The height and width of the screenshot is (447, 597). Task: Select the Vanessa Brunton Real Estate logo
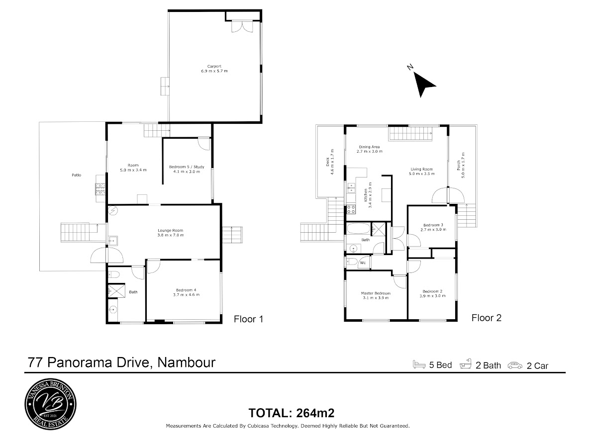(x=51, y=404)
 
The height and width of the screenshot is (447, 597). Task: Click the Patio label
(x=77, y=175)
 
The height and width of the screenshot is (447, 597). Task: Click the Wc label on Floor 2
(x=363, y=263)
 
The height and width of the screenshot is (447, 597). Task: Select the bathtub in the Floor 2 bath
(x=359, y=228)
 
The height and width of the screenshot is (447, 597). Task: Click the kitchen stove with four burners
(x=351, y=209)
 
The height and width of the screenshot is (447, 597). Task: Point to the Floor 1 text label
(x=248, y=319)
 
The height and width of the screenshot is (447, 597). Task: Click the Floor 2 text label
(x=486, y=318)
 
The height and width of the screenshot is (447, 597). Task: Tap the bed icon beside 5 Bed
(x=419, y=364)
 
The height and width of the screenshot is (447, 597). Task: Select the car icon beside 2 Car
(x=515, y=365)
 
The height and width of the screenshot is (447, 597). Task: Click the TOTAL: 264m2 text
(x=292, y=413)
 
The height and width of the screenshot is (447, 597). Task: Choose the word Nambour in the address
(x=187, y=362)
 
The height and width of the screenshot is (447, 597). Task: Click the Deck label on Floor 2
(x=328, y=162)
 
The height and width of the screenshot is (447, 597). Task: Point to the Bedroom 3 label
(x=433, y=225)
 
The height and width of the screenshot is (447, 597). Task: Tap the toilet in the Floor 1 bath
(x=114, y=275)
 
